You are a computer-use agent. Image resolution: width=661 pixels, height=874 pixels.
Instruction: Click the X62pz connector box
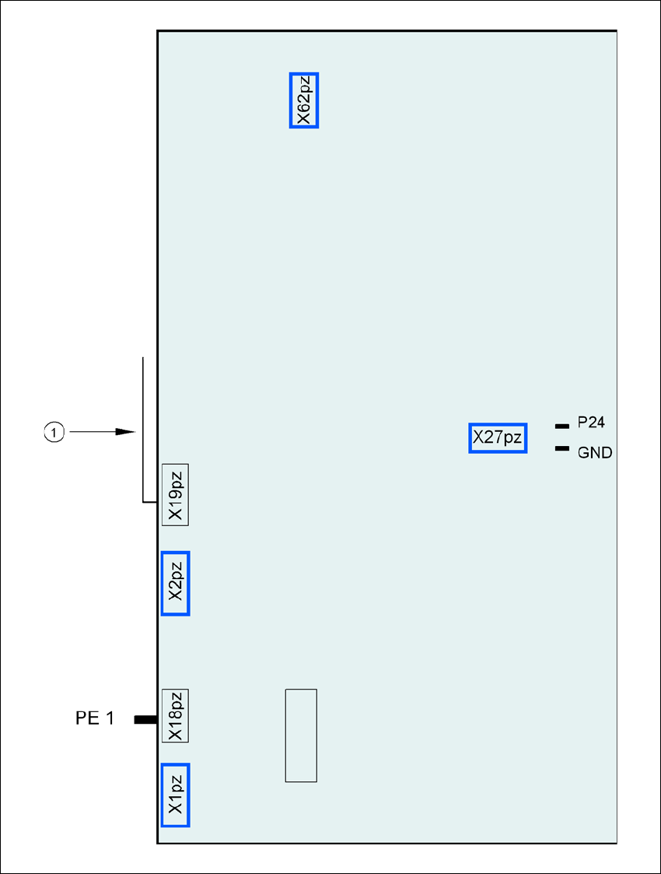[303, 100]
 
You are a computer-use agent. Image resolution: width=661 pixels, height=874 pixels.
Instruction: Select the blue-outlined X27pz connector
[498, 438]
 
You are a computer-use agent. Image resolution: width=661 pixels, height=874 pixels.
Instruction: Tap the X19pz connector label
[175, 494]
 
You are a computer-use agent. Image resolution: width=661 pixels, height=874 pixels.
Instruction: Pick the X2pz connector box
[175, 583]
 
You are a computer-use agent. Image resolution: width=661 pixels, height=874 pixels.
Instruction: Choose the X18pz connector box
[175, 715]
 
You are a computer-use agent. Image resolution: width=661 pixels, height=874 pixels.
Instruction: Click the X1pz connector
[175, 795]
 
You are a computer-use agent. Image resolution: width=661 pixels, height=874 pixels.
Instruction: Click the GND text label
[595, 452]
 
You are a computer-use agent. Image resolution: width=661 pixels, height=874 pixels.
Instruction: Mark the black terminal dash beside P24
[561, 426]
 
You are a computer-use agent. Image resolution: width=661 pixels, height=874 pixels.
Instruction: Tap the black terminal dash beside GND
[561, 448]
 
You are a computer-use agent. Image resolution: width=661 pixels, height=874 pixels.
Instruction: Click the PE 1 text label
[95, 719]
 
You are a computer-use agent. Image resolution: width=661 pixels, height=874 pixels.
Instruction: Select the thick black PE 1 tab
[145, 720]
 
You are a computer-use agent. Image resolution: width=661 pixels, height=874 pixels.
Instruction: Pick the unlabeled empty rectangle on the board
[301, 735]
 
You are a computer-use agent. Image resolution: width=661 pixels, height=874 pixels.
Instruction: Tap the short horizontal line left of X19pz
[151, 503]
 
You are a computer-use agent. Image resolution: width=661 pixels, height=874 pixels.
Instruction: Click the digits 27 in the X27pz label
[494, 438]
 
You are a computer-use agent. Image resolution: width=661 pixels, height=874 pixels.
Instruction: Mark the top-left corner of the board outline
[158, 31]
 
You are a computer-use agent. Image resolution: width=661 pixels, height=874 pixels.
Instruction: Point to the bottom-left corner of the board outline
[158, 842]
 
